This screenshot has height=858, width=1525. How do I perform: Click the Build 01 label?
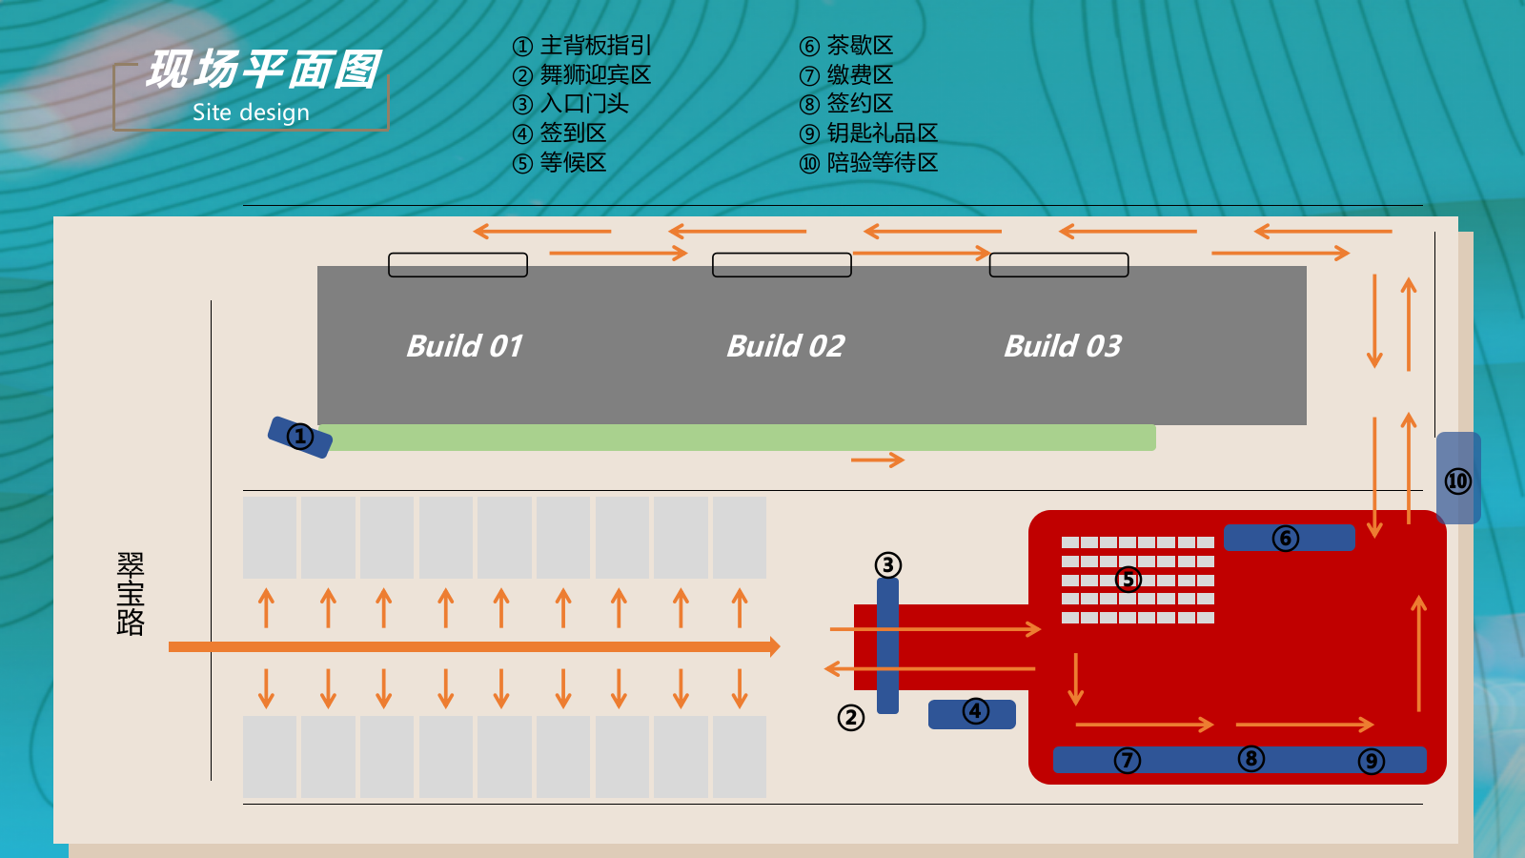(465, 345)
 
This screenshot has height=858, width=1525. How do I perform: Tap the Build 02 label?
(785, 345)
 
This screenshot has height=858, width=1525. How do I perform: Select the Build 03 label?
(1063, 345)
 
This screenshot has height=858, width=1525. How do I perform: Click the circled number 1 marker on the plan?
(300, 437)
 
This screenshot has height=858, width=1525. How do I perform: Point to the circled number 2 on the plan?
(850, 717)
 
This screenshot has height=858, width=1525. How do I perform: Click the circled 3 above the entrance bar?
(887, 565)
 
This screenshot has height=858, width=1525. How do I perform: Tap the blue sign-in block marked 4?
(972, 713)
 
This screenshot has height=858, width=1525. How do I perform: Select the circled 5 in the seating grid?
(1128, 579)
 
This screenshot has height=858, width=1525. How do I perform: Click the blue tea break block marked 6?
(1289, 538)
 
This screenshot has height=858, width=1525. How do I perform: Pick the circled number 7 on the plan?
(1128, 760)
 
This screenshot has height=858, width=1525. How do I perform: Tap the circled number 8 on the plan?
(1250, 759)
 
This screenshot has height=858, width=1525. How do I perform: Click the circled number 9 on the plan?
(1371, 761)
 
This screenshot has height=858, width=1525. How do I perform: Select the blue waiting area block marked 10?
(1458, 479)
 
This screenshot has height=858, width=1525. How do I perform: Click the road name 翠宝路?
(131, 593)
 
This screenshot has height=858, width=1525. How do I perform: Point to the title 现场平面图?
(263, 70)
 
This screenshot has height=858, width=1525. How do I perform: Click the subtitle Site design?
(251, 112)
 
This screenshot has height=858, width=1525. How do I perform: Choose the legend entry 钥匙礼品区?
(869, 133)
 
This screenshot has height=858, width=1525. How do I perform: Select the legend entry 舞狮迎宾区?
(582, 74)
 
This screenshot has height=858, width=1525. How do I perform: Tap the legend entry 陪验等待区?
(869, 163)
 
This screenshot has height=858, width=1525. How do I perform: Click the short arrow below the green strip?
(877, 460)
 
